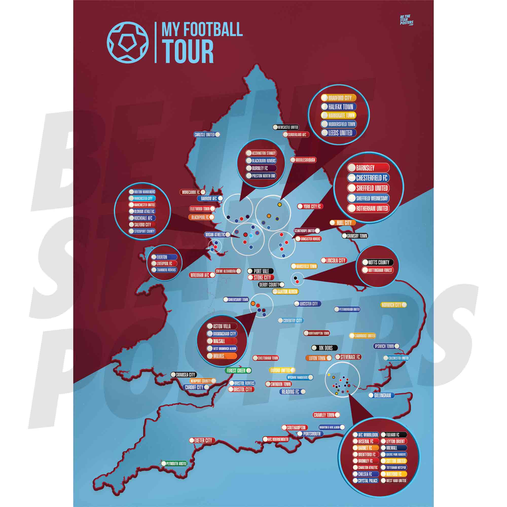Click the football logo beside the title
pyautogui.click(x=128, y=42)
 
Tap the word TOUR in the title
pyautogui.click(x=187, y=52)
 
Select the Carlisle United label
pyautogui.click(x=207, y=135)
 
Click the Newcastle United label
pyautogui.click(x=286, y=127)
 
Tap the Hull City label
pyautogui.click(x=342, y=223)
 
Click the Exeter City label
pyautogui.click(x=202, y=440)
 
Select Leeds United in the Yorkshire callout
pyautogui.click(x=338, y=133)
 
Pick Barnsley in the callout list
pyautogui.click(x=368, y=168)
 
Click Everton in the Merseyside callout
pyautogui.click(x=164, y=257)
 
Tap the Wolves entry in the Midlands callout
pyautogui.click(x=222, y=356)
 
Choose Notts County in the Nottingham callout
pyautogui.click(x=377, y=262)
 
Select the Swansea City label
pyautogui.click(x=184, y=375)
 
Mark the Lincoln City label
pyautogui.click(x=334, y=261)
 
